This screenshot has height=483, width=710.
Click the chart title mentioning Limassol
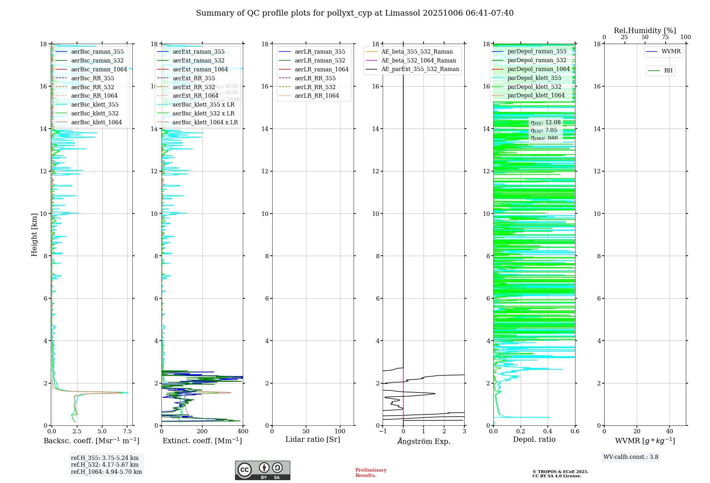pyautogui.click(x=355, y=13)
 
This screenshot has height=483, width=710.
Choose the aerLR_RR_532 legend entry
pyautogui.click(x=315, y=87)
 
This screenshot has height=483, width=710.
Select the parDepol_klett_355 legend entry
pyautogui.click(x=534, y=78)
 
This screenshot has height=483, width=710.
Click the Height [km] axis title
pyautogui.click(x=34, y=235)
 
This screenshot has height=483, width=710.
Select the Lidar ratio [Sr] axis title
pyautogui.click(x=313, y=440)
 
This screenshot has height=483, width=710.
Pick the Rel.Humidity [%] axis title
pyautogui.click(x=645, y=31)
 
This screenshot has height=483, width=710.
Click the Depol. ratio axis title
pyautogui.click(x=534, y=440)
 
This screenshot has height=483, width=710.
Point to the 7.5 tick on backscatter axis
pyautogui.click(x=127, y=432)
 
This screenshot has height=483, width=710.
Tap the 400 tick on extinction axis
pyautogui.click(x=243, y=432)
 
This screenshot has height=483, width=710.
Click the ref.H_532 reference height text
pyautogui.click(x=105, y=465)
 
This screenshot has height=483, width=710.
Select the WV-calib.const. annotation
pyautogui.click(x=631, y=457)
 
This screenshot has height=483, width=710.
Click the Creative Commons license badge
pyautogui.click(x=262, y=471)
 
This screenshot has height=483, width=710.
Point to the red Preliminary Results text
pyautogui.click(x=371, y=473)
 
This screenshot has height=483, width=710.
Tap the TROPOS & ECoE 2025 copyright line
pyautogui.click(x=560, y=472)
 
